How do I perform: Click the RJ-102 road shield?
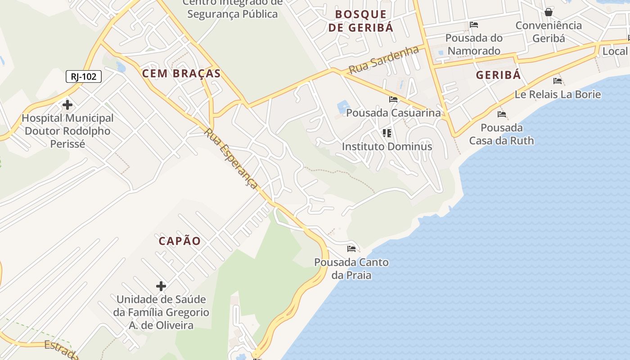coord(84,76)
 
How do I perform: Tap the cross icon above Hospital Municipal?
coord(67,105)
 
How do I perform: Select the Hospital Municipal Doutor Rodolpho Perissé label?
coord(67,131)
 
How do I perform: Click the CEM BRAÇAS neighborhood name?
coord(181,73)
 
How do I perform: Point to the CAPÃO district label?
coord(180,241)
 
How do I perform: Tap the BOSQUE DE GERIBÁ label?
coord(361,21)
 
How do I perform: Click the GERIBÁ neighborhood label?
coord(498,75)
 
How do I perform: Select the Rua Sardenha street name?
coord(384,60)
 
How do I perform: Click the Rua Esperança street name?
coord(231,159)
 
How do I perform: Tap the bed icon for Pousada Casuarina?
coord(393,99)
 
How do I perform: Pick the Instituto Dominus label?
coord(387,147)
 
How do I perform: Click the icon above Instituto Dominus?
coord(387,133)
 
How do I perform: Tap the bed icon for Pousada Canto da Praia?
coord(351,249)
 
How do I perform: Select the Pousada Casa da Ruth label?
coord(501,134)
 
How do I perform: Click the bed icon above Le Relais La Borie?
coord(558,81)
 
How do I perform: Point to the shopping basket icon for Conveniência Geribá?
coord(548,12)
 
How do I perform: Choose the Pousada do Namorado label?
coord(474,44)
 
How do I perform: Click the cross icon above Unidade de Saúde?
coord(161,286)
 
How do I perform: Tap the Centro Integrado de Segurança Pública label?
coord(232,9)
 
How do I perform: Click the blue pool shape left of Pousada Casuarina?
coord(342,107)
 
